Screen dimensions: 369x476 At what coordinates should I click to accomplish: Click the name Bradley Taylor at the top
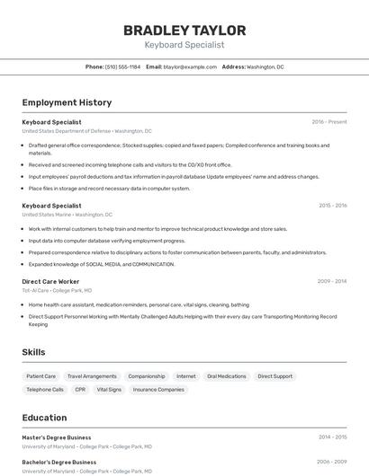coord(184,31)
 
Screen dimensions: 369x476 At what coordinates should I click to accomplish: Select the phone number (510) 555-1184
coord(122,66)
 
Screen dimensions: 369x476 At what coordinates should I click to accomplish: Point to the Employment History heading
coord(67,102)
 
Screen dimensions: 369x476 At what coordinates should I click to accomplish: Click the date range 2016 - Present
coord(328,122)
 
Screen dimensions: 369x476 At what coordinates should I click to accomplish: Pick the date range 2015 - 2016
coord(332,206)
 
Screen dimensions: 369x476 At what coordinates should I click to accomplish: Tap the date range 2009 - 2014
coord(332,281)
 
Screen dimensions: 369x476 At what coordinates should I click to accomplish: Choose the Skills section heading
coord(34,352)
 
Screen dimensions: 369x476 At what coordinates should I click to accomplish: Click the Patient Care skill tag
coord(41,376)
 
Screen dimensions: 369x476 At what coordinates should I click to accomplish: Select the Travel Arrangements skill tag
coord(92,376)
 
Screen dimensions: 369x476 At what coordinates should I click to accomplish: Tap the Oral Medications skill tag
coord(226,376)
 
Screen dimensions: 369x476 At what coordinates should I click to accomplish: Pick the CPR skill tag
coord(80,390)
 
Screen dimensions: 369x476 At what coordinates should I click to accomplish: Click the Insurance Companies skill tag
coord(158,390)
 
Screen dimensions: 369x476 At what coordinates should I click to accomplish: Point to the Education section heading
coord(45,418)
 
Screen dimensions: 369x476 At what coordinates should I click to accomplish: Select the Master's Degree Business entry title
coord(57,437)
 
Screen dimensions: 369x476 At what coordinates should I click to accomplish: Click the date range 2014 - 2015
coord(332,437)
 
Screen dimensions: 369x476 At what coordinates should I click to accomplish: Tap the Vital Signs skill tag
coord(109,390)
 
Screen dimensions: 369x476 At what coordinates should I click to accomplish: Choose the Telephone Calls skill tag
coord(45,390)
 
